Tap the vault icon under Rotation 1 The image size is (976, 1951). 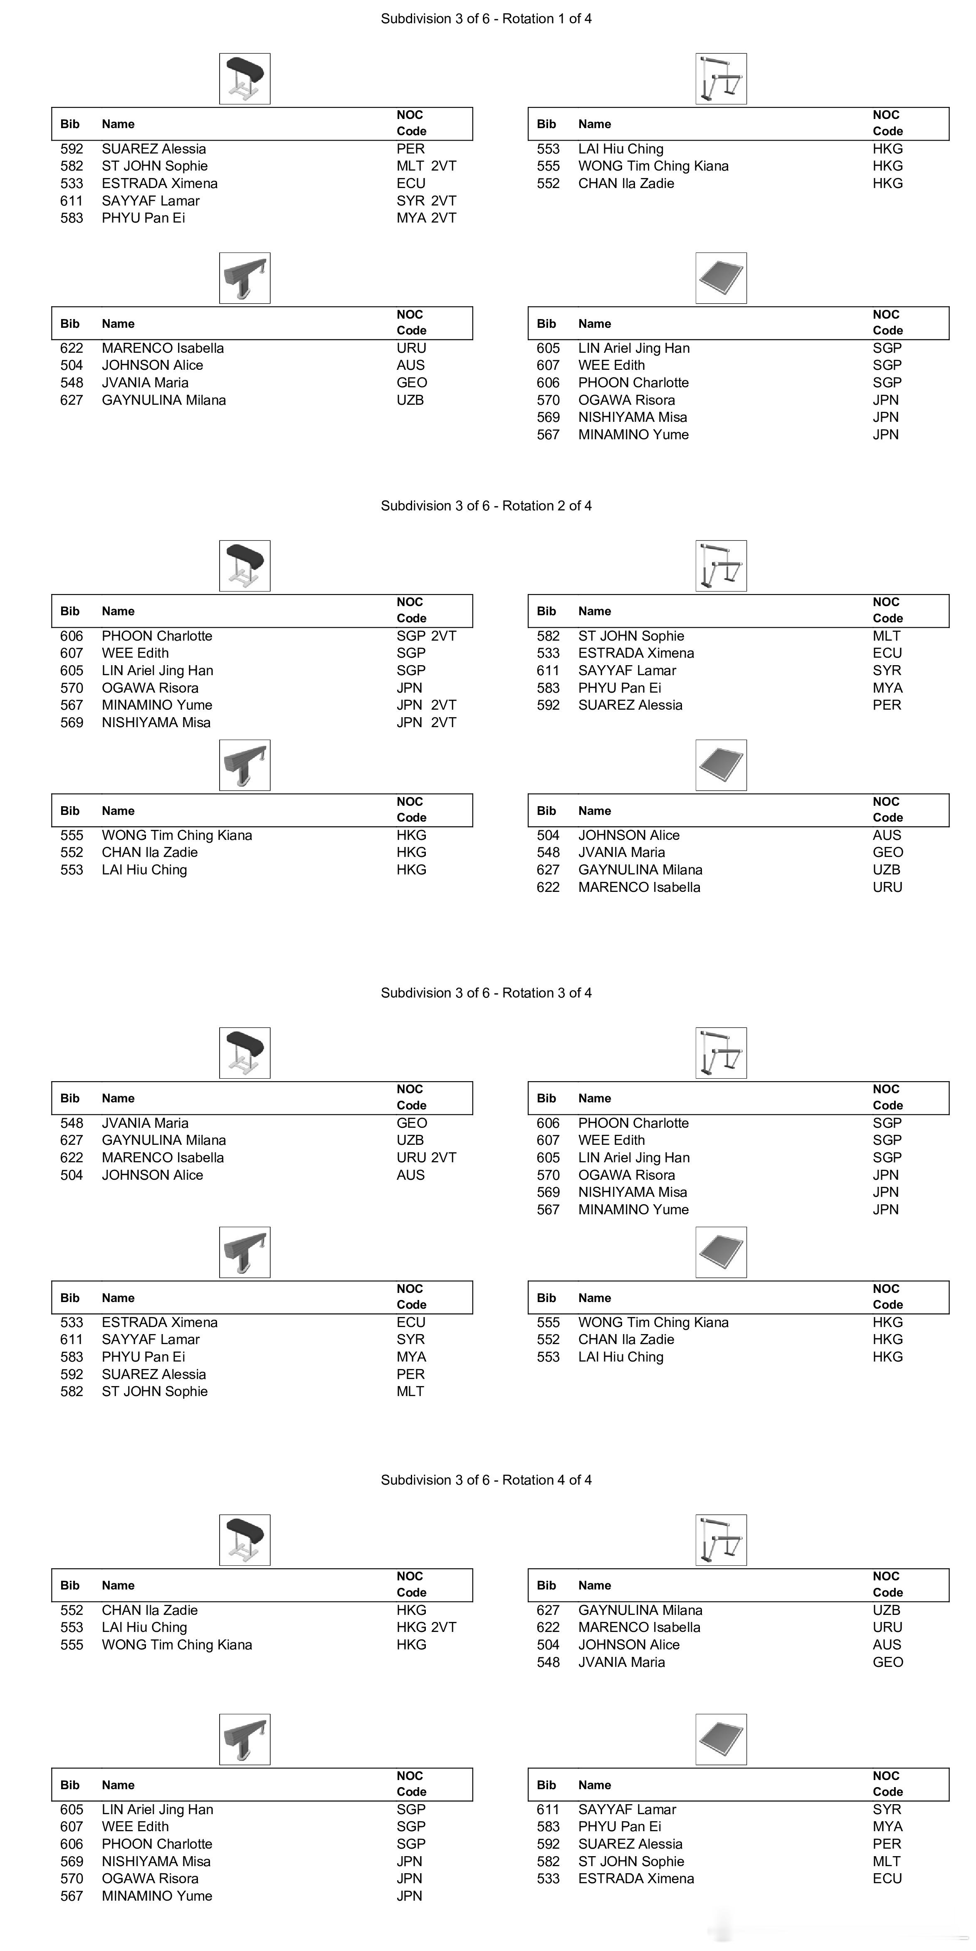click(245, 79)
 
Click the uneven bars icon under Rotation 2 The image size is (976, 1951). click(721, 566)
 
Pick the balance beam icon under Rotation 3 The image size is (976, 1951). click(245, 1253)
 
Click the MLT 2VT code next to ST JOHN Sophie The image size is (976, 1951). click(426, 166)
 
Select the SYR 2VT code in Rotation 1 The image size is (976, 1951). click(426, 201)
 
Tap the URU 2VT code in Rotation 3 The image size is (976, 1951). click(426, 1157)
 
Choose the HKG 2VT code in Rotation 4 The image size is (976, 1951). click(426, 1627)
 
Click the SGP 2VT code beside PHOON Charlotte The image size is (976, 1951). click(426, 636)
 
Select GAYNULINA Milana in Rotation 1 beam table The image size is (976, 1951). click(163, 400)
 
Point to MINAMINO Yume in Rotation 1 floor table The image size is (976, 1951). click(633, 435)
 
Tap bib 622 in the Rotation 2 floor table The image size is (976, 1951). click(548, 887)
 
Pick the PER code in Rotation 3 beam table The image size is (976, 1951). click(410, 1374)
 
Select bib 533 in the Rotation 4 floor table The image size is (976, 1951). click(548, 1878)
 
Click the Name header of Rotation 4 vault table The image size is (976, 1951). click(118, 1585)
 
